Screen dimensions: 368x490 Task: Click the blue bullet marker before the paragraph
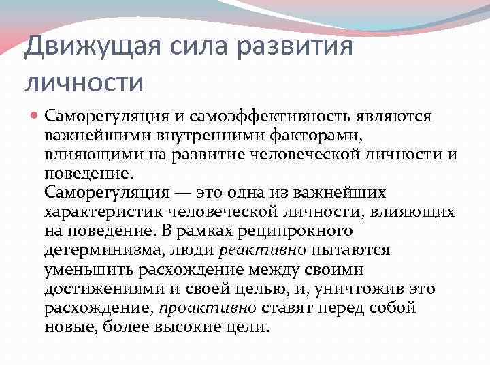tap(33, 117)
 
